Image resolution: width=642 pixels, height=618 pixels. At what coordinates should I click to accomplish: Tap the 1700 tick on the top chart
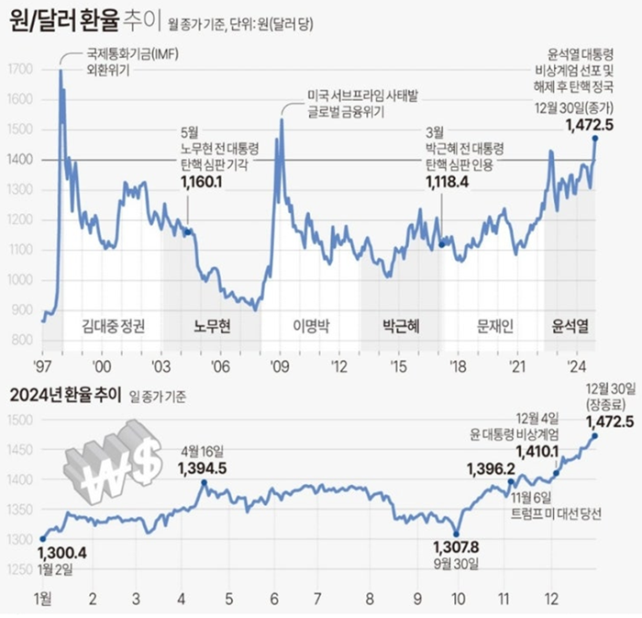point(20,69)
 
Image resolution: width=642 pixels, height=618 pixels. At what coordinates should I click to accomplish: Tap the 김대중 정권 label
point(113,325)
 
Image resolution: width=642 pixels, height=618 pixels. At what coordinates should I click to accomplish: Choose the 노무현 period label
point(212,325)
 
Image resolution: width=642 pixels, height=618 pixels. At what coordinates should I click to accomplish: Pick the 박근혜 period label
point(400,325)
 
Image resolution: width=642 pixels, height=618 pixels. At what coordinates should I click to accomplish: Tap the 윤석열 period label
point(570,325)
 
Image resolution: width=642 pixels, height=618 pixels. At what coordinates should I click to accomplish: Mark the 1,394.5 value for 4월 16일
point(203,469)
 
